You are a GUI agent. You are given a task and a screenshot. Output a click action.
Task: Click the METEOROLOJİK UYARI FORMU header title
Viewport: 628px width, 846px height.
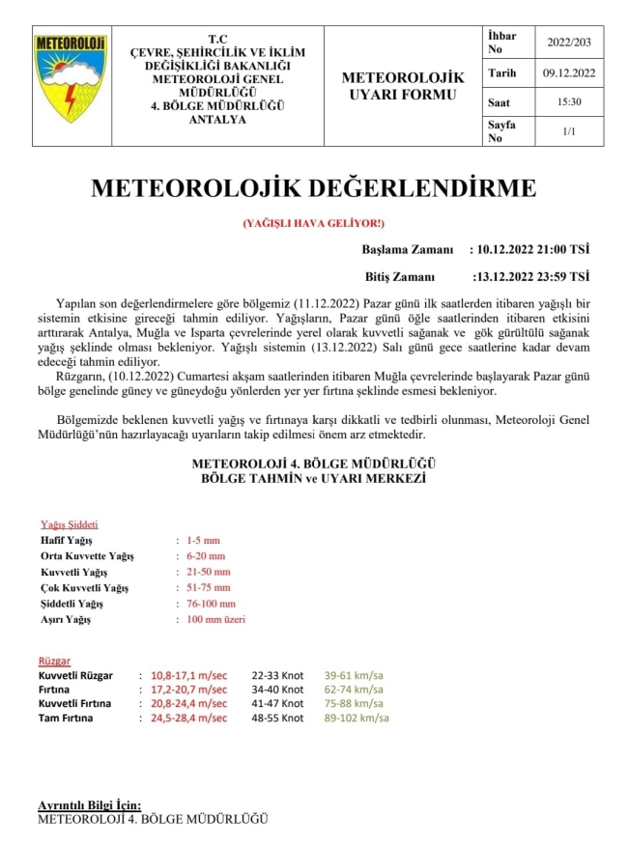(403, 86)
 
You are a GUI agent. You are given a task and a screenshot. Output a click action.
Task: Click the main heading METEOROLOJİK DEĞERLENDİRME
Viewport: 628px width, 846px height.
(313, 188)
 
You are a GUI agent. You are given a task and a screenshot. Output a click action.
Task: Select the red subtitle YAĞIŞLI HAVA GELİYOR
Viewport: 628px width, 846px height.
(313, 223)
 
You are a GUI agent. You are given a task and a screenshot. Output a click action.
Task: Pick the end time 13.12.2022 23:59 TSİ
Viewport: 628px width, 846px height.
(534, 275)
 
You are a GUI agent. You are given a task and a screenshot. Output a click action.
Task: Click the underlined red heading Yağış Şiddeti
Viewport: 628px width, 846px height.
(68, 524)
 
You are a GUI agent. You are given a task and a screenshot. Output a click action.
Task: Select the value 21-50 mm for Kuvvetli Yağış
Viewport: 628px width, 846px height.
(207, 572)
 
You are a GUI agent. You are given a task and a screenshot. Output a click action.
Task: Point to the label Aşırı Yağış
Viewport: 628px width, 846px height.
(66, 619)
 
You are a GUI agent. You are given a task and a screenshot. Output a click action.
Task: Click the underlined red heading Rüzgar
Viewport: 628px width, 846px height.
(54, 661)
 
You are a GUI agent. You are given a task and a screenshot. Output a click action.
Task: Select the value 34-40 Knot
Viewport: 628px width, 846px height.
(277, 690)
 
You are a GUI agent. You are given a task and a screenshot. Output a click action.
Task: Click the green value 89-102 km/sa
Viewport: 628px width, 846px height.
(357, 718)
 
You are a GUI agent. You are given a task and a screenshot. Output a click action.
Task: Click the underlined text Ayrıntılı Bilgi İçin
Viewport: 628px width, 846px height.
(89, 805)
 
